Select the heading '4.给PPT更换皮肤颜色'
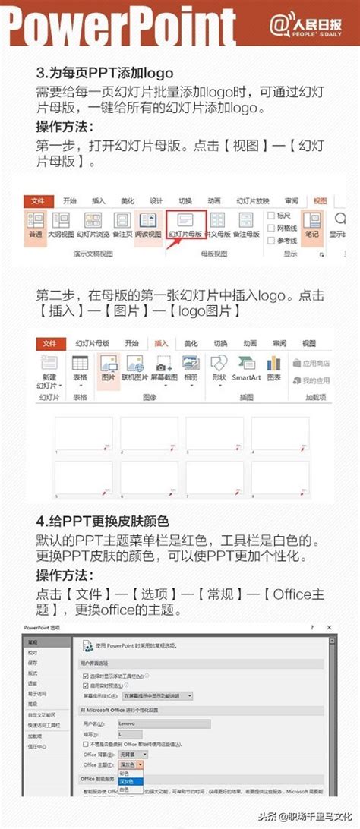click(x=103, y=522)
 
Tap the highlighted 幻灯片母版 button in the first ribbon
click(x=186, y=225)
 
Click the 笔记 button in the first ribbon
click(x=311, y=225)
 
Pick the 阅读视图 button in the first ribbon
click(x=148, y=225)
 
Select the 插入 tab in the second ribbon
click(x=161, y=343)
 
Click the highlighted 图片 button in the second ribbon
click(x=109, y=368)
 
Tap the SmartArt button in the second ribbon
click(x=246, y=368)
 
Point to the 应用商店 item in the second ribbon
click(x=310, y=364)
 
